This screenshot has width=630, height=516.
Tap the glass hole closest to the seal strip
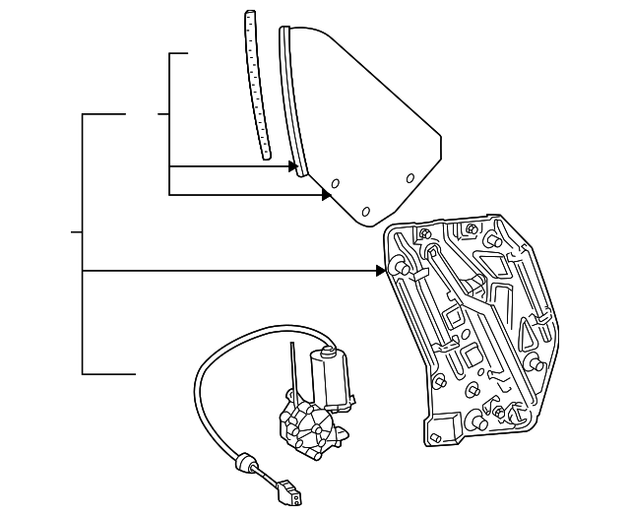[335, 183]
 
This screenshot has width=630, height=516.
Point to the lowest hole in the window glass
[365, 211]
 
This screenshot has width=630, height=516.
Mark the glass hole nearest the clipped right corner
[410, 178]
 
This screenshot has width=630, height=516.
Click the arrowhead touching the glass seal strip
[292, 166]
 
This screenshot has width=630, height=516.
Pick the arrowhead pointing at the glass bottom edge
[326, 195]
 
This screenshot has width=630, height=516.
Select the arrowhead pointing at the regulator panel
[381, 270]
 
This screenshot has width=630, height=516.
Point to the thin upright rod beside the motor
[293, 369]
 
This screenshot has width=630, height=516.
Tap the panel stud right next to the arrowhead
[400, 268]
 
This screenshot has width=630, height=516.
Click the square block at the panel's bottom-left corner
[441, 426]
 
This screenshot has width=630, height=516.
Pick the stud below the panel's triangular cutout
[538, 365]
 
